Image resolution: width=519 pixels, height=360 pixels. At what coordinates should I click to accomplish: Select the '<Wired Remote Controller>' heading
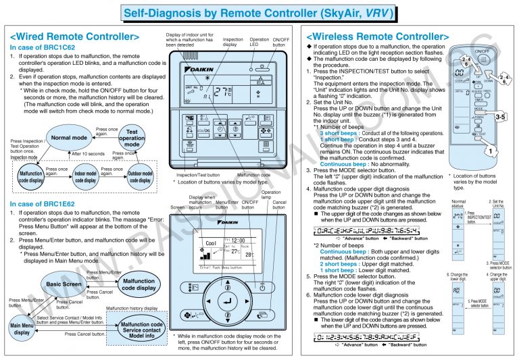pyautogui.click(x=75, y=36)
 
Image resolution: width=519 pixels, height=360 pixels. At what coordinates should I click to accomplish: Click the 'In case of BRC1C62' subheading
pyautogui.click(x=43, y=48)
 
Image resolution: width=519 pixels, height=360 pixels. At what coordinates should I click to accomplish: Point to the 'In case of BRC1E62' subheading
pyautogui.click(x=43, y=203)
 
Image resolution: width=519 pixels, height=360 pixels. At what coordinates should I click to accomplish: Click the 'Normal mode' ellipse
pyautogui.click(x=70, y=137)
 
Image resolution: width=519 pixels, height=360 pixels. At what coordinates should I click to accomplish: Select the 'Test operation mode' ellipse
pyautogui.click(x=132, y=138)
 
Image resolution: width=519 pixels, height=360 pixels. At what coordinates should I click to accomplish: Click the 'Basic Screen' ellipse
pyautogui.click(x=64, y=284)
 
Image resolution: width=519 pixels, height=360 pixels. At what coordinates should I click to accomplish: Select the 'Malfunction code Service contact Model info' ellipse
pyautogui.click(x=141, y=330)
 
